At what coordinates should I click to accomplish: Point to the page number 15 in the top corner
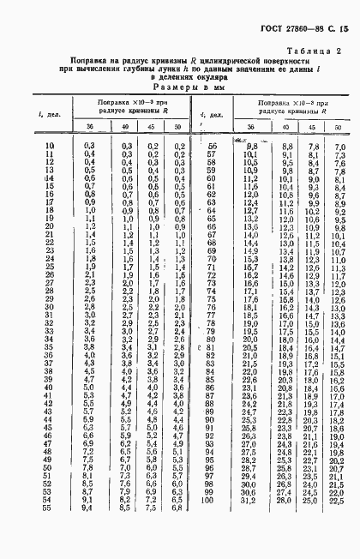343,29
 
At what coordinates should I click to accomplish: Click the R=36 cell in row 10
87,147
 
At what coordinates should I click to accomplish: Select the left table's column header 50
177,128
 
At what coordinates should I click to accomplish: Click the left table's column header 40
126,128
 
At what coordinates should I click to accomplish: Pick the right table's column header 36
250,128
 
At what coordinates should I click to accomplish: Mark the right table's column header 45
312,128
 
